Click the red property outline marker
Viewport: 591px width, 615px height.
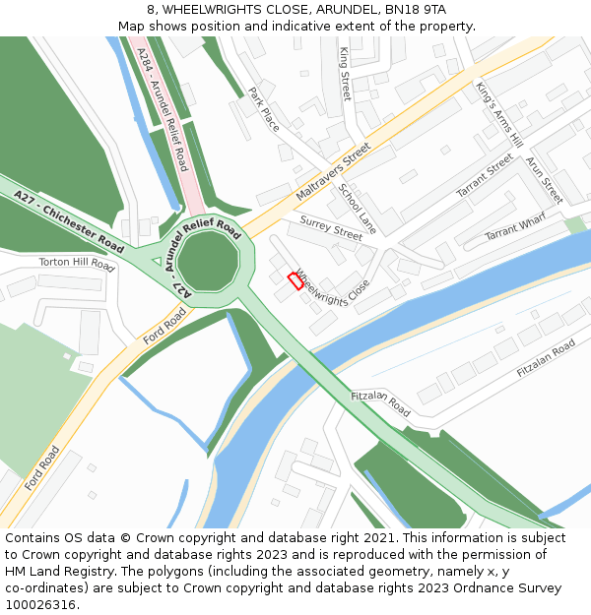pyautogui.click(x=295, y=280)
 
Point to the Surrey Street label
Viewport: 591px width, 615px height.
pyautogui.click(x=331, y=228)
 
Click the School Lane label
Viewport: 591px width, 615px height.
pyautogui.click(x=358, y=209)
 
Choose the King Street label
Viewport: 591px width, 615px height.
pyautogui.click(x=345, y=74)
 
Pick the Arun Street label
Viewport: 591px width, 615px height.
pyautogui.click(x=543, y=180)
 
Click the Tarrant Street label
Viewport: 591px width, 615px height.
pyautogui.click(x=485, y=177)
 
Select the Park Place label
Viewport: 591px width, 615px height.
pyautogui.click(x=264, y=109)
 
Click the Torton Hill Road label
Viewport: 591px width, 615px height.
pyautogui.click(x=77, y=263)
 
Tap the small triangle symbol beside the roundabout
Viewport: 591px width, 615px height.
pyautogui.click(x=156, y=261)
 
